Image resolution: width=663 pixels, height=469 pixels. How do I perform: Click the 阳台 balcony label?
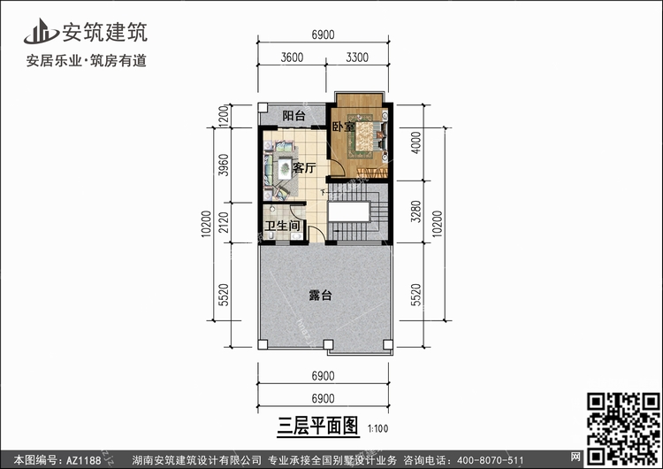(x=293, y=116)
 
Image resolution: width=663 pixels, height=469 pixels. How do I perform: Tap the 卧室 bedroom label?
(x=343, y=127)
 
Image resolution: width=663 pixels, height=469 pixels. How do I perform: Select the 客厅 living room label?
(x=304, y=168)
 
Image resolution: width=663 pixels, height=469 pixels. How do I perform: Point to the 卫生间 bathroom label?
(x=282, y=225)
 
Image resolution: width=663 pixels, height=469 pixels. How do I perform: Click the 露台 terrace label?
(x=320, y=295)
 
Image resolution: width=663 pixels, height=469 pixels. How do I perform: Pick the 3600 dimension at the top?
(x=292, y=58)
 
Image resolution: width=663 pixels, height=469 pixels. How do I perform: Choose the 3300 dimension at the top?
(x=357, y=58)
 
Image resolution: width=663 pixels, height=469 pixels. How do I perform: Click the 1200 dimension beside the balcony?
(x=225, y=116)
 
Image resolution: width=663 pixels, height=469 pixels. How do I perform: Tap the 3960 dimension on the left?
(x=225, y=165)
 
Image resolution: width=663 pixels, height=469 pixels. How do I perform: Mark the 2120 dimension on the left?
(x=225, y=222)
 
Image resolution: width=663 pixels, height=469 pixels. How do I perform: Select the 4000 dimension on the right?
(x=416, y=142)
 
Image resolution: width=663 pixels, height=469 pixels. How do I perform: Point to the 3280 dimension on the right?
(x=416, y=211)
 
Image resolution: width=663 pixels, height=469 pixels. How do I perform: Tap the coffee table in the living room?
(x=285, y=168)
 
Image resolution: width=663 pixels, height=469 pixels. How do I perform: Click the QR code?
(x=623, y=429)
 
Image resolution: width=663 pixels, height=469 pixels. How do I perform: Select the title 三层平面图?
(x=317, y=426)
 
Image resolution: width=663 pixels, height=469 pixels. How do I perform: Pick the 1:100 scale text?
(x=377, y=429)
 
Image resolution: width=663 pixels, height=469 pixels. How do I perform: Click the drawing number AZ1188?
(x=84, y=460)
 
